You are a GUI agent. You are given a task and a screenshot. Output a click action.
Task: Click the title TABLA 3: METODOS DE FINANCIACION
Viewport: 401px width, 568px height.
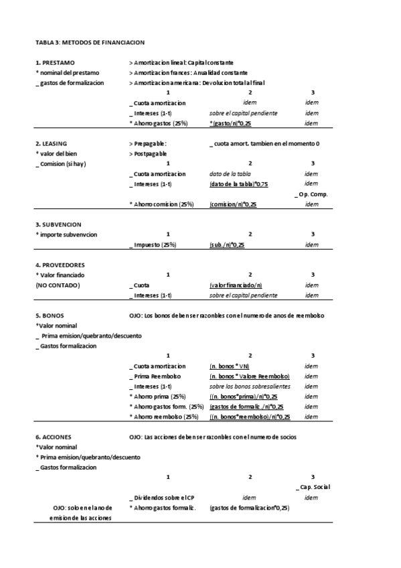90,42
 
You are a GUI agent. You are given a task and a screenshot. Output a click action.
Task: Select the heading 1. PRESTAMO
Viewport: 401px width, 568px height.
55,62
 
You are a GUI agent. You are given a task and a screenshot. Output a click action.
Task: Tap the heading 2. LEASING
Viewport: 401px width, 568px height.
51,143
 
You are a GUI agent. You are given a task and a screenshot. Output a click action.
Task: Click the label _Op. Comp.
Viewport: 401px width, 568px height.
311,194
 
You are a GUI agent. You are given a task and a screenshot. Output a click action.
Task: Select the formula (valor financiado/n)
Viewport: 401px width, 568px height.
232,285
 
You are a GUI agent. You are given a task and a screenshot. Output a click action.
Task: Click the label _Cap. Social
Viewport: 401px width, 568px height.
312,487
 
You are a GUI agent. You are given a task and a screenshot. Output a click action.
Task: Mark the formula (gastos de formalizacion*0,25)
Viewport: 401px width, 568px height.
249,508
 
